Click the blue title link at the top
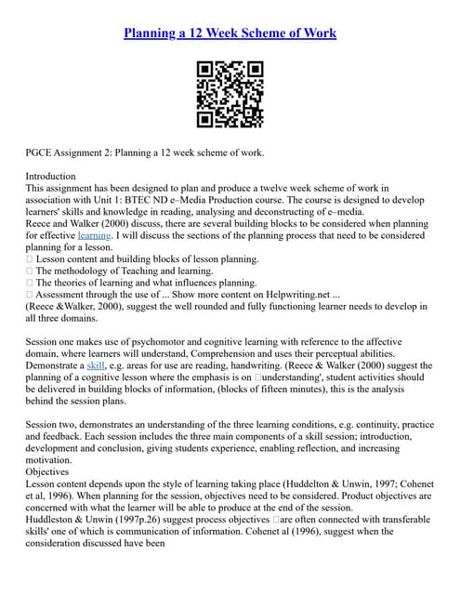(x=230, y=33)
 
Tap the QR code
(x=230, y=94)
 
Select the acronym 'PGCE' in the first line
(x=41, y=152)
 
